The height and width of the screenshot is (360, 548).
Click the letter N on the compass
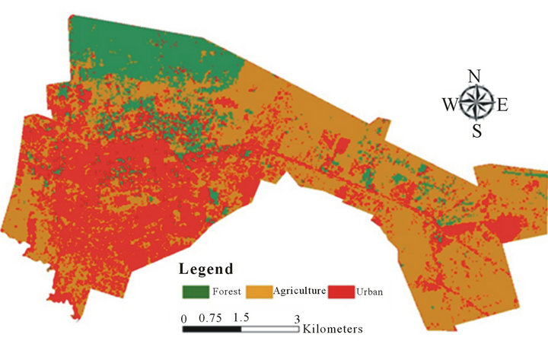click(x=473, y=76)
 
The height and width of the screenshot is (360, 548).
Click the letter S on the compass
click(x=476, y=130)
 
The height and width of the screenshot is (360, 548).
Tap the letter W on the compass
click(x=449, y=104)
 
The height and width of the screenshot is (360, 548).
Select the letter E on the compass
click(x=502, y=105)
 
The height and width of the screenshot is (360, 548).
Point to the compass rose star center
click(x=476, y=103)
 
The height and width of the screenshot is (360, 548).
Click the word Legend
click(x=205, y=269)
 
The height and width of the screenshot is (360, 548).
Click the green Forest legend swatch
click(x=196, y=291)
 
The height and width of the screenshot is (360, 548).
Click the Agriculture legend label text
click(x=302, y=292)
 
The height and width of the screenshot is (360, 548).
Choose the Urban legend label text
click(x=373, y=292)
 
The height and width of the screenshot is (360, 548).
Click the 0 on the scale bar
click(x=183, y=318)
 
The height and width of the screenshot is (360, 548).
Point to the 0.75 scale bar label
click(x=210, y=318)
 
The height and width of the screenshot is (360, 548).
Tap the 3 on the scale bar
click(x=298, y=318)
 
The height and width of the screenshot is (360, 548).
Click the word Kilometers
click(x=332, y=330)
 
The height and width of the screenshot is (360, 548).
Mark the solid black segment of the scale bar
click(x=211, y=330)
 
